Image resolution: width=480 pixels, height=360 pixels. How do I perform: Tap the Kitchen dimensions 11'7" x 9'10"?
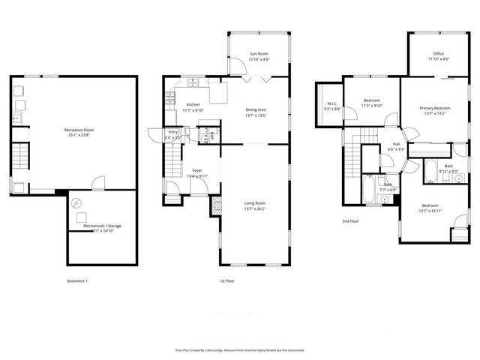[x=193, y=110]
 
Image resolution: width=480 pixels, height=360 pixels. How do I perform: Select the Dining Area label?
[x=256, y=109]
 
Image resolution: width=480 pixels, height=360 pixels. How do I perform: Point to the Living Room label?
[x=255, y=202]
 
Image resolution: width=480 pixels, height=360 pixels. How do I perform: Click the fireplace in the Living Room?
[x=215, y=205]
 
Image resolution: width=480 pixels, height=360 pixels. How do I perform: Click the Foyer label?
[x=196, y=170]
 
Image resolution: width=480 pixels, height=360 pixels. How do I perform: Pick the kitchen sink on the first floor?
[x=192, y=83]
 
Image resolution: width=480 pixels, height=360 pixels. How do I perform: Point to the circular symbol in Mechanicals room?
[x=75, y=203]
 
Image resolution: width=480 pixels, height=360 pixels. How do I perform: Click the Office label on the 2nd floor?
[x=439, y=54]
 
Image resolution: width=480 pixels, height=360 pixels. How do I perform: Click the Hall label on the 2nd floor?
[x=396, y=144]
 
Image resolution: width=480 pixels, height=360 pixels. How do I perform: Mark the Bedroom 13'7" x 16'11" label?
[x=430, y=205]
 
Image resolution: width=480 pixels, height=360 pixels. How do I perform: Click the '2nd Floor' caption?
[x=351, y=221]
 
